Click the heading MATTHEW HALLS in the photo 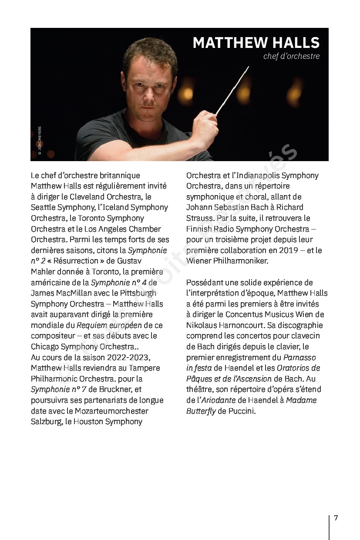pos(256,43)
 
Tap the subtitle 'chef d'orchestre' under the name pos(291,56)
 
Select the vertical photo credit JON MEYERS pos(40,140)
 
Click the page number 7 pos(336,518)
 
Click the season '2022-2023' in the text pos(131,357)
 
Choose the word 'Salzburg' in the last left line pos(46,422)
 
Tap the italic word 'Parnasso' pos(299,357)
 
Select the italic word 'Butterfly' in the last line pos(201,411)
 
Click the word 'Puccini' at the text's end pos(242,411)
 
